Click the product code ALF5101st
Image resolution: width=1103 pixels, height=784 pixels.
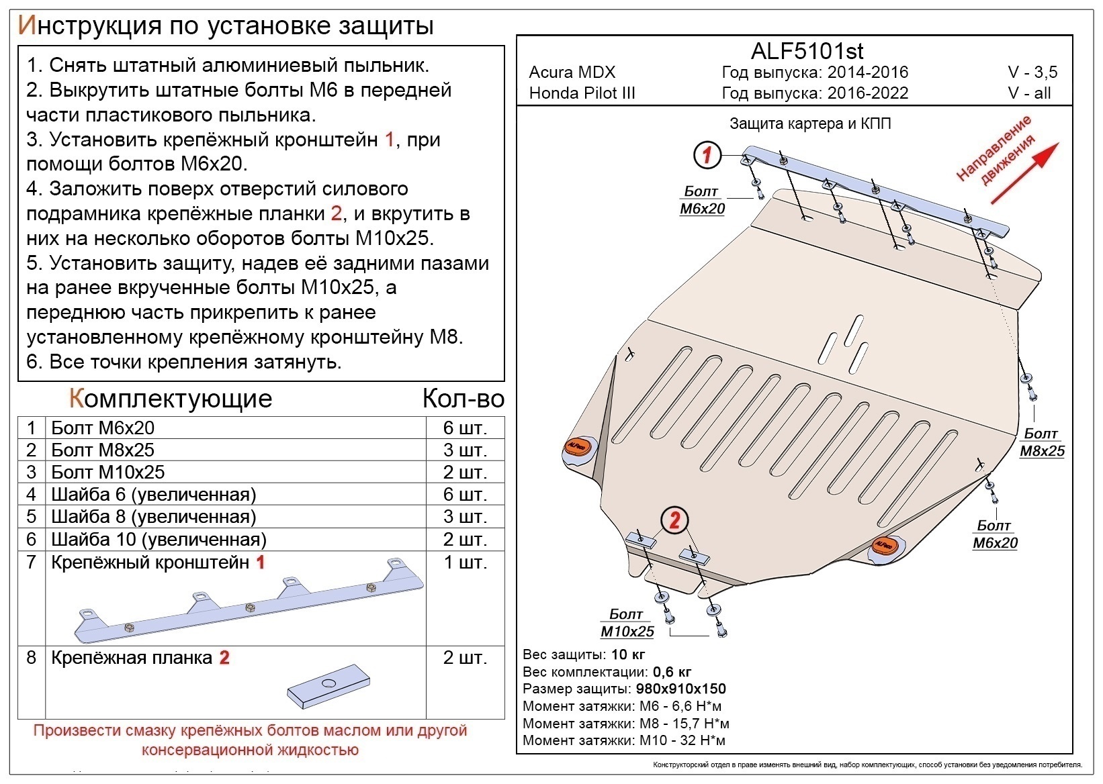tap(806, 51)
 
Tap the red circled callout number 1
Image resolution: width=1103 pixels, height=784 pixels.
tap(707, 156)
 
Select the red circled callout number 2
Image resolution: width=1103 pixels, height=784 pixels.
tap(675, 520)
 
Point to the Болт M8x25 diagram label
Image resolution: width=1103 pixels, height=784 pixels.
tap(1042, 442)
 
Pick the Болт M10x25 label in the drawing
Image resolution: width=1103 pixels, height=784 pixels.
tap(627, 623)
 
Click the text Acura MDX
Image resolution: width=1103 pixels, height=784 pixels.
tap(572, 72)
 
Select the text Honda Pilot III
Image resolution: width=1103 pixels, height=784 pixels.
tap(582, 93)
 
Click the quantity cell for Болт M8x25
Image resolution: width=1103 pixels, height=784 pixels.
tap(464, 450)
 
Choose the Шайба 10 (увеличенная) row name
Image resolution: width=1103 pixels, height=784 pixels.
tap(159, 540)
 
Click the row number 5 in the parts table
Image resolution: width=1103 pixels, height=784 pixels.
tap(32, 517)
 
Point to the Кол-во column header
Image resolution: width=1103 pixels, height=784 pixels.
tap(463, 399)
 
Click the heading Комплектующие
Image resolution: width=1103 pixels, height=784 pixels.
tap(171, 399)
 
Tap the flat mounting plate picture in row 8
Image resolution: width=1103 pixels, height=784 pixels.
tap(329, 686)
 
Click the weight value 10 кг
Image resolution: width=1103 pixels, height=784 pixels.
tap(628, 654)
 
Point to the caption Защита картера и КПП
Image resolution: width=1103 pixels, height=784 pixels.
tap(810, 124)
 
